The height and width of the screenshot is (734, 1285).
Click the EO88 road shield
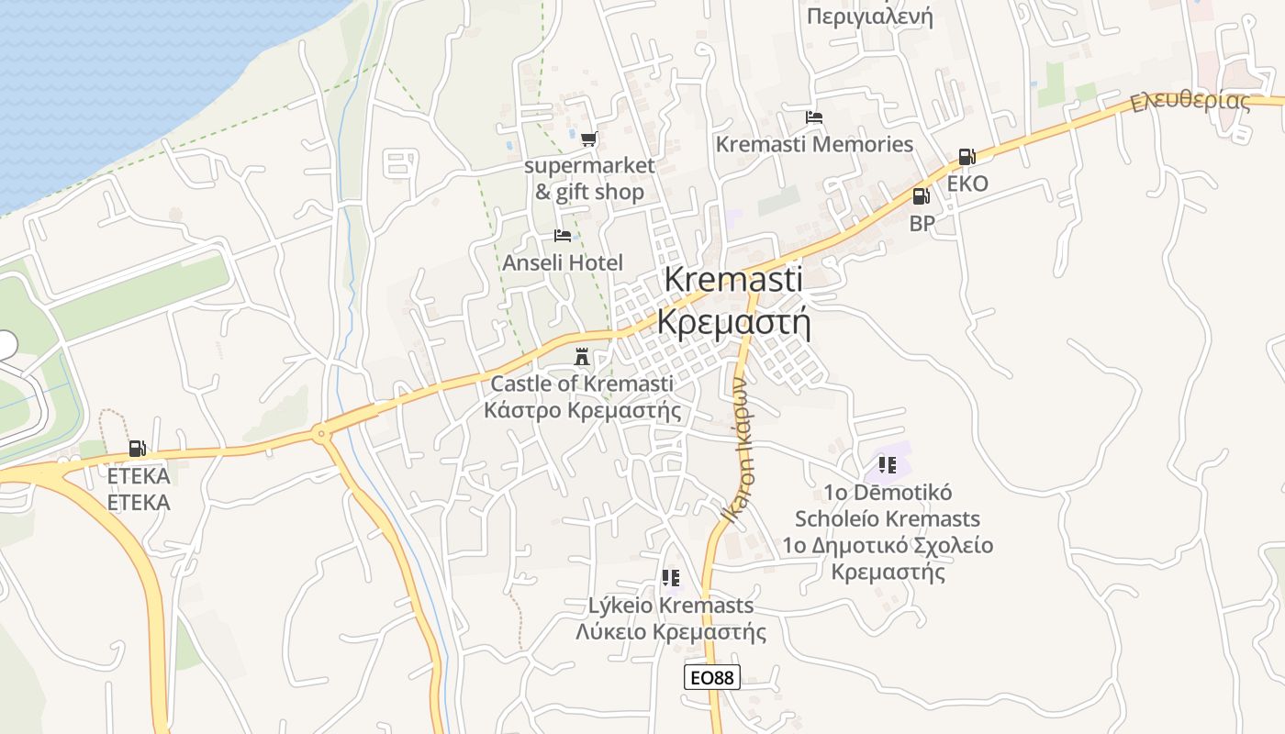click(711, 677)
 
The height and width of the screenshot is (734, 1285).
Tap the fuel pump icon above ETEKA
click(137, 449)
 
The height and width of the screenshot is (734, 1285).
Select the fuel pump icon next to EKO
click(966, 157)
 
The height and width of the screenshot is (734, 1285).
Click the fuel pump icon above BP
click(921, 196)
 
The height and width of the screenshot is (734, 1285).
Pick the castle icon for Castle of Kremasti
click(582, 356)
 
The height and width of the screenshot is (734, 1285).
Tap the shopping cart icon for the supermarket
click(588, 139)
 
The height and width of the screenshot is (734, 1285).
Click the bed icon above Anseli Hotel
click(563, 236)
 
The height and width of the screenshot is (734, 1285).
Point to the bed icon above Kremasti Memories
click(814, 117)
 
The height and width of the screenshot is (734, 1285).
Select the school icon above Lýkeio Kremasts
click(671, 578)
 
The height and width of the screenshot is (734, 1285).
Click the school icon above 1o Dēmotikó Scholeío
click(887, 464)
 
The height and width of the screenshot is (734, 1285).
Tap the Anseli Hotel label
click(563, 262)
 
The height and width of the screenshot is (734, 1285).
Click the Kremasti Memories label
click(814, 144)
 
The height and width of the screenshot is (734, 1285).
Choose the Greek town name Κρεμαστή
click(734, 322)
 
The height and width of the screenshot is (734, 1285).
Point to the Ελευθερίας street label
click(1190, 101)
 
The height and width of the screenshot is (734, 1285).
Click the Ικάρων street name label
click(740, 450)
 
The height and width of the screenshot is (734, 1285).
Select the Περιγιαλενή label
click(869, 17)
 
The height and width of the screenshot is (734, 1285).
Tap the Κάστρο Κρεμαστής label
click(582, 409)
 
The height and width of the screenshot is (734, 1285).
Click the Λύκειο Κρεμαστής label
click(670, 631)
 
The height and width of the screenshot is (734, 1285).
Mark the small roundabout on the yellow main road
click(321, 433)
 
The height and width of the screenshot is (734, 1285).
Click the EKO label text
click(967, 183)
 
